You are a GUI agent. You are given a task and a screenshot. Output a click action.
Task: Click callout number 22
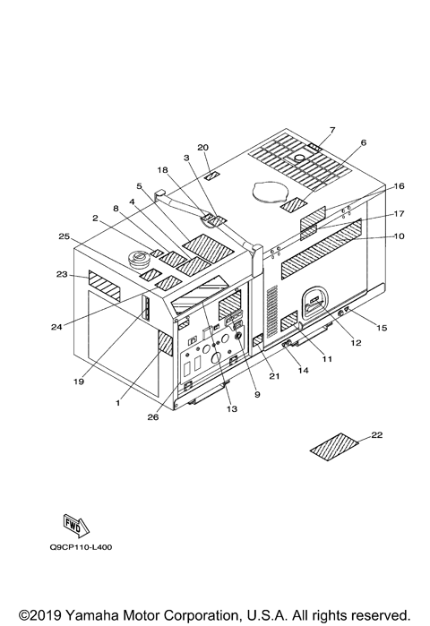click(377, 434)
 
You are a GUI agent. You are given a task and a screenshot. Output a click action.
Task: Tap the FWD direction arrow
click(77, 527)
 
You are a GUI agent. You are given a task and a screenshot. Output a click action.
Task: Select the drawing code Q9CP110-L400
click(81, 547)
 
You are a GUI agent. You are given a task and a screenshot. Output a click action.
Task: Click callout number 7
click(332, 130)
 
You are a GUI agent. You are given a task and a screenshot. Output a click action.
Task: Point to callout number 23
click(62, 274)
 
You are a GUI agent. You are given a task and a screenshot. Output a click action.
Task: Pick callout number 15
click(382, 328)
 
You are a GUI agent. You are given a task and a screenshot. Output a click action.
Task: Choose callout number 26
click(153, 417)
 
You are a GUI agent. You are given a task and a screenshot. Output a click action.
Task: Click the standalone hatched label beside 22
click(334, 447)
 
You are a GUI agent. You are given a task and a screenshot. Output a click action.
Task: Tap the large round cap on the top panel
click(269, 192)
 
